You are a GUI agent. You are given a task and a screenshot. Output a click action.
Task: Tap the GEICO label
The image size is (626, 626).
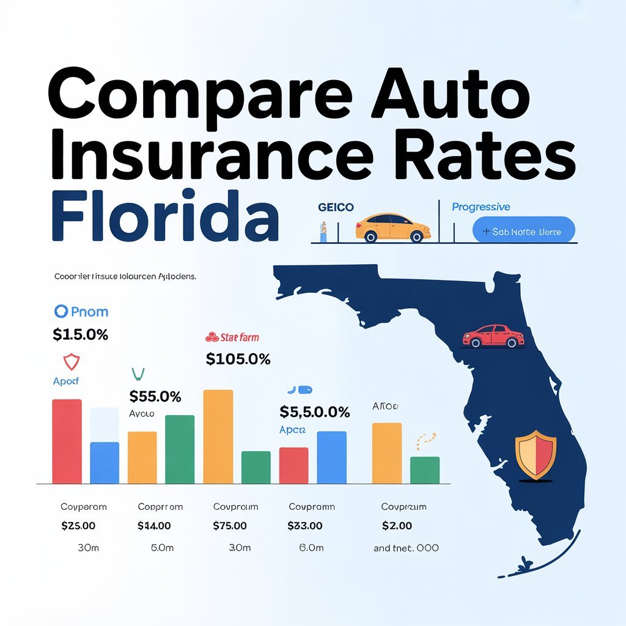point(336,207)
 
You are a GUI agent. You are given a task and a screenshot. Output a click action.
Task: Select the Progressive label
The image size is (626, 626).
point(481,207)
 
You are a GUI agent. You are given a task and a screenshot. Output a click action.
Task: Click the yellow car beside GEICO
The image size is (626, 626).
point(392,227)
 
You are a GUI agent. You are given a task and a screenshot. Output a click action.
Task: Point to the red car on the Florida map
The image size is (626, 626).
point(493,336)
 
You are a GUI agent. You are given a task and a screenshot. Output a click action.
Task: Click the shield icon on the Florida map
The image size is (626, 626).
point(536,454)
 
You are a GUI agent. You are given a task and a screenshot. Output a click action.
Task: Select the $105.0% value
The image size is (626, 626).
point(238,359)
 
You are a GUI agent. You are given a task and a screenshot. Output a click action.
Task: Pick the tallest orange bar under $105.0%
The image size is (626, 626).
point(218,436)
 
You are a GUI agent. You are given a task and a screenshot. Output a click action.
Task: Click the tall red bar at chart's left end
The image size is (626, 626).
point(67,441)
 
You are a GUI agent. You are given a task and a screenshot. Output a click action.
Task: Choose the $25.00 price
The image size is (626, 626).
point(78,526)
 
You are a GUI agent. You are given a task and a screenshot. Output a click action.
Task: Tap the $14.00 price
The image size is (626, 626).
point(154,526)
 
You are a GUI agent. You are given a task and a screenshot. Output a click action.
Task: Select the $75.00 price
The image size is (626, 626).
point(230,526)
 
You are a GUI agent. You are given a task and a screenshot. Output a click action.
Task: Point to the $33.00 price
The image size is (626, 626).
point(305,526)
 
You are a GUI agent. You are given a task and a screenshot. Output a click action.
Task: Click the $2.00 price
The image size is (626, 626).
point(397,526)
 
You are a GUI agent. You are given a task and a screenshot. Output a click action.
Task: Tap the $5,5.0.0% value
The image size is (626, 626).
point(314,412)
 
